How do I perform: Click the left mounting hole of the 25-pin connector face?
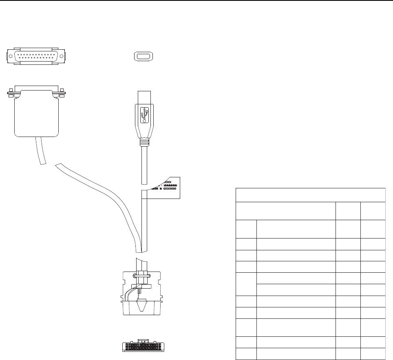(x=10, y=57)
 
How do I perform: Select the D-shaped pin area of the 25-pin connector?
(x=36, y=57)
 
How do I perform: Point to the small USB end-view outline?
(x=143, y=57)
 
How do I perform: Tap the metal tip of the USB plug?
(x=144, y=97)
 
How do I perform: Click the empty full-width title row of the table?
(x=311, y=195)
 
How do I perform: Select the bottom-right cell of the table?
(x=373, y=354)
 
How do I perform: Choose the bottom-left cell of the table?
(x=246, y=354)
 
